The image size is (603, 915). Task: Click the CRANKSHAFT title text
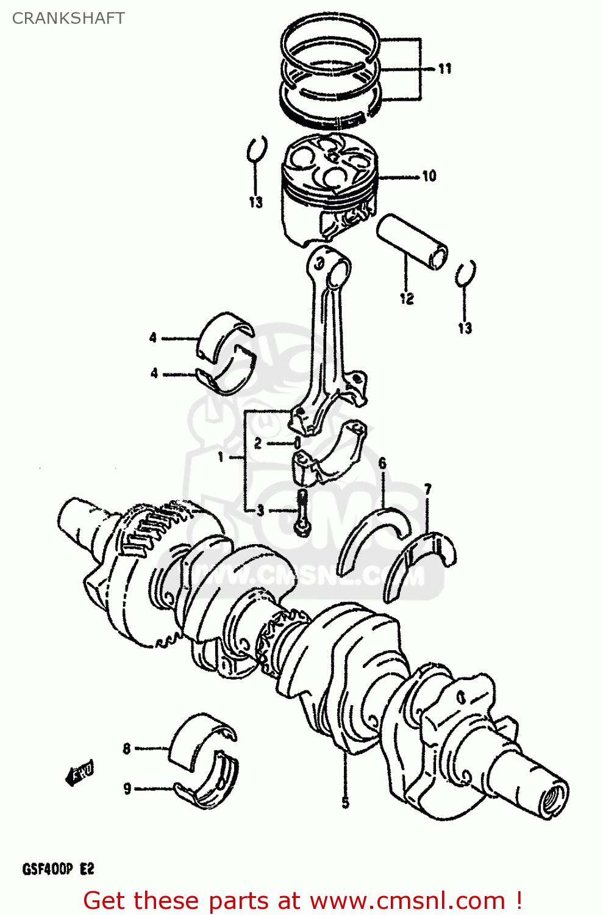[68, 18]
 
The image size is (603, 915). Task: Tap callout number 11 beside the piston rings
[445, 68]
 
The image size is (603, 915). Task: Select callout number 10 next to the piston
[429, 176]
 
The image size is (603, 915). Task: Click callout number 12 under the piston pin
[407, 298]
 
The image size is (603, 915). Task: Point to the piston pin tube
[412, 242]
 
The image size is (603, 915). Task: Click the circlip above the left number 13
[257, 149]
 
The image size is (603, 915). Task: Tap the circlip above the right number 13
[466, 274]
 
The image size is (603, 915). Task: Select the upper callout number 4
[153, 337]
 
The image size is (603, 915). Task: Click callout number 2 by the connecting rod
[258, 443]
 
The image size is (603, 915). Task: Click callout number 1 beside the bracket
[221, 457]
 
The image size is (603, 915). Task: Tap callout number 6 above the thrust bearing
[382, 464]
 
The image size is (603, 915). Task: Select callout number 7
[428, 489]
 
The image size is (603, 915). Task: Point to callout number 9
[127, 789]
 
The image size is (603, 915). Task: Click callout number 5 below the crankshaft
[345, 803]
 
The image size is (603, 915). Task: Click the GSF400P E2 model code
[59, 869]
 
